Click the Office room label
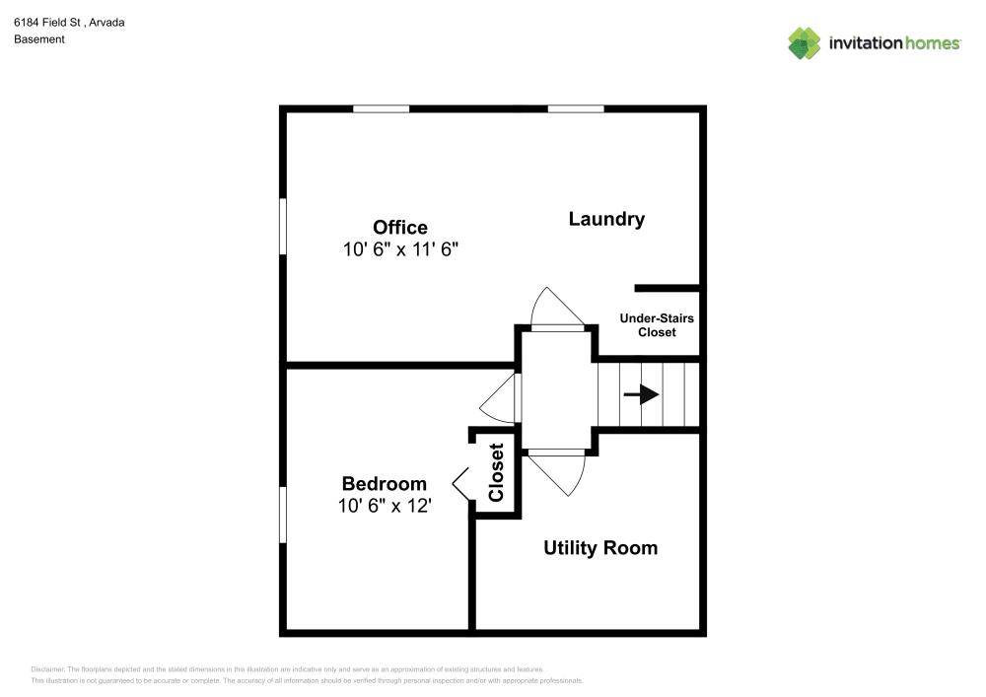399,228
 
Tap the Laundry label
606,219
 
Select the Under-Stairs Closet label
657,325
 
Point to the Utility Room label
600,548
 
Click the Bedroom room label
384,484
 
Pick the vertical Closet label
496,473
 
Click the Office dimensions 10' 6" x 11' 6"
400,250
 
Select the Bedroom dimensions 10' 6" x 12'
384,507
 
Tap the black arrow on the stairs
641,394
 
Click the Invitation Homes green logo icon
804,42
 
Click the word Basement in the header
39,39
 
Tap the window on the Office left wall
283,228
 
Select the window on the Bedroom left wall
283,514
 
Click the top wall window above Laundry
576,108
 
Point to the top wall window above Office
381,108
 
